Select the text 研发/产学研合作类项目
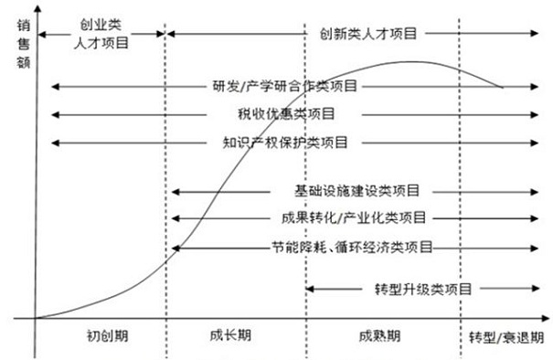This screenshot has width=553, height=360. (284, 87)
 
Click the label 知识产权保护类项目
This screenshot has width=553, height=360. (284, 143)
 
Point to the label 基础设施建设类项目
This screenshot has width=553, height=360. (356, 192)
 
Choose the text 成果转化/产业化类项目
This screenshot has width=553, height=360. (355, 219)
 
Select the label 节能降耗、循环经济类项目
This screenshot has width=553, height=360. (352, 248)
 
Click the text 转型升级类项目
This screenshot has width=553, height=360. (423, 289)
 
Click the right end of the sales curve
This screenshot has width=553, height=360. (502, 88)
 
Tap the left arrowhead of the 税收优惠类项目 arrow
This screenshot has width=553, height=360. (55, 114)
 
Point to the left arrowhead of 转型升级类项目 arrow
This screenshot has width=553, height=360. (308, 289)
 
